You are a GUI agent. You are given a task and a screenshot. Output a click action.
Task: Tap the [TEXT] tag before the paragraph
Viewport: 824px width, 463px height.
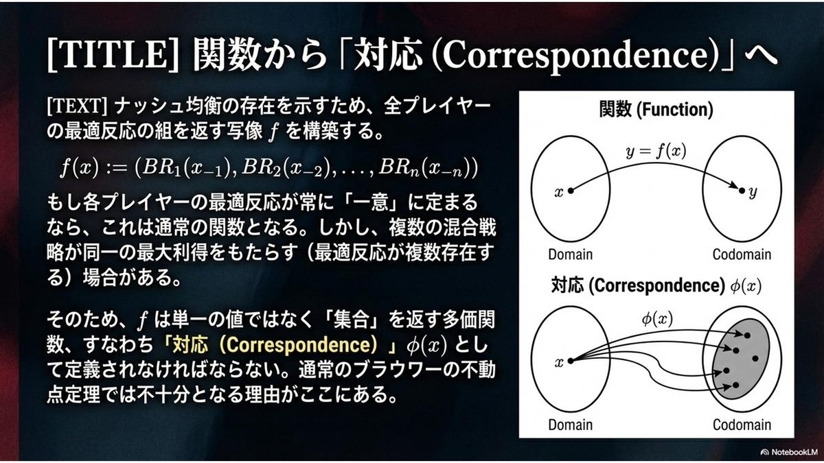pos(77,107)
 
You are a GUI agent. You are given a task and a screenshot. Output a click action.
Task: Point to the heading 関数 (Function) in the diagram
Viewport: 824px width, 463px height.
pos(656,110)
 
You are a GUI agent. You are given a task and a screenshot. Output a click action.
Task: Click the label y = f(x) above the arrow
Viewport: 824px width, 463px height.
pos(656,151)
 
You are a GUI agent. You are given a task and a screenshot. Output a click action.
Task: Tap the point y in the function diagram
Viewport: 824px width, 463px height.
pos(742,191)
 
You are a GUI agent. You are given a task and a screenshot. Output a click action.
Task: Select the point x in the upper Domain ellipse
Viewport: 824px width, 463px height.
pos(571,191)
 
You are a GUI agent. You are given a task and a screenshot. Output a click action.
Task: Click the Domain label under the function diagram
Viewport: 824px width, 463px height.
pos(570,254)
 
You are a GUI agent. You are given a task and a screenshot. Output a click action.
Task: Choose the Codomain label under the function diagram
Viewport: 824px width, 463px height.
pos(742,254)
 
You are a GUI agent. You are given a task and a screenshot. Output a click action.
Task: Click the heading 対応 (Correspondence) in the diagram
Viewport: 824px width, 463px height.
pos(638,286)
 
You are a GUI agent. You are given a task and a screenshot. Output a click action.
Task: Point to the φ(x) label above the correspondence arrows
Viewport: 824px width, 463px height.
pos(657,319)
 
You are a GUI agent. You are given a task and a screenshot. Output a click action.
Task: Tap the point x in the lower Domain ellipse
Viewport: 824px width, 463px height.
pos(571,361)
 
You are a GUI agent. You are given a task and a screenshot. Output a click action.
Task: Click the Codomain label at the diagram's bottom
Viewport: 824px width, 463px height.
pos(742,425)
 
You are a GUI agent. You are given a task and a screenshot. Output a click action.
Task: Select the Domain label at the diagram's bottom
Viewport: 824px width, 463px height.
pos(570,425)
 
